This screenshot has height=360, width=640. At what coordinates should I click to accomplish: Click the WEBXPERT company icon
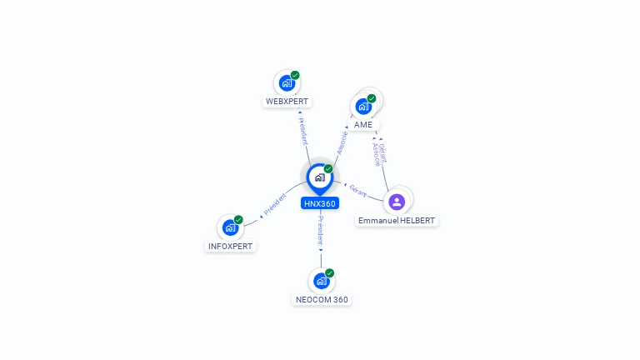click(x=287, y=83)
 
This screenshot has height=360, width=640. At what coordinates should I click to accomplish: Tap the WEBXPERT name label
click(x=287, y=102)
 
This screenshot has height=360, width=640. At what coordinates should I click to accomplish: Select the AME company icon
click(x=363, y=106)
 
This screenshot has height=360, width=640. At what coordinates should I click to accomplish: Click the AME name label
click(x=363, y=125)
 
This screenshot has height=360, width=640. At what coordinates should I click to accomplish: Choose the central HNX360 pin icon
click(x=319, y=177)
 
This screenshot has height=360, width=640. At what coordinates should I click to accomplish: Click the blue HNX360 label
click(x=320, y=203)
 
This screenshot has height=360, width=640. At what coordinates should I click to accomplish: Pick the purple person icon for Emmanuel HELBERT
click(x=397, y=201)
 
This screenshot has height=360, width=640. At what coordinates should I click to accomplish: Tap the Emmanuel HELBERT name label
click(x=397, y=221)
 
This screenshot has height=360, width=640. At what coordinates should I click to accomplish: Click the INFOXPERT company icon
click(x=230, y=227)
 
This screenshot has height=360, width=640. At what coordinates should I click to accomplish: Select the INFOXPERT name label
click(x=230, y=247)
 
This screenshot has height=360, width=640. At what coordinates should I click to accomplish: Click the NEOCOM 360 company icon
click(x=321, y=281)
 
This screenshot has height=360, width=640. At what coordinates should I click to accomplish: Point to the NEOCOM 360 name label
click(x=322, y=300)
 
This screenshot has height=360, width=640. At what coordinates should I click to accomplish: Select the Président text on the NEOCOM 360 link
click(x=321, y=230)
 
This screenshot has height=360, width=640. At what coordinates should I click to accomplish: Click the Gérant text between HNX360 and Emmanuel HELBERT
click(x=358, y=190)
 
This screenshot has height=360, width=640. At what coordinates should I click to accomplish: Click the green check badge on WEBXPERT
click(x=295, y=75)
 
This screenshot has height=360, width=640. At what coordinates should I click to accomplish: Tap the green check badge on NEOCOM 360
click(x=330, y=272)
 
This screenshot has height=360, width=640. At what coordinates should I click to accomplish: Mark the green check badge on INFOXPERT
click(x=238, y=219)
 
